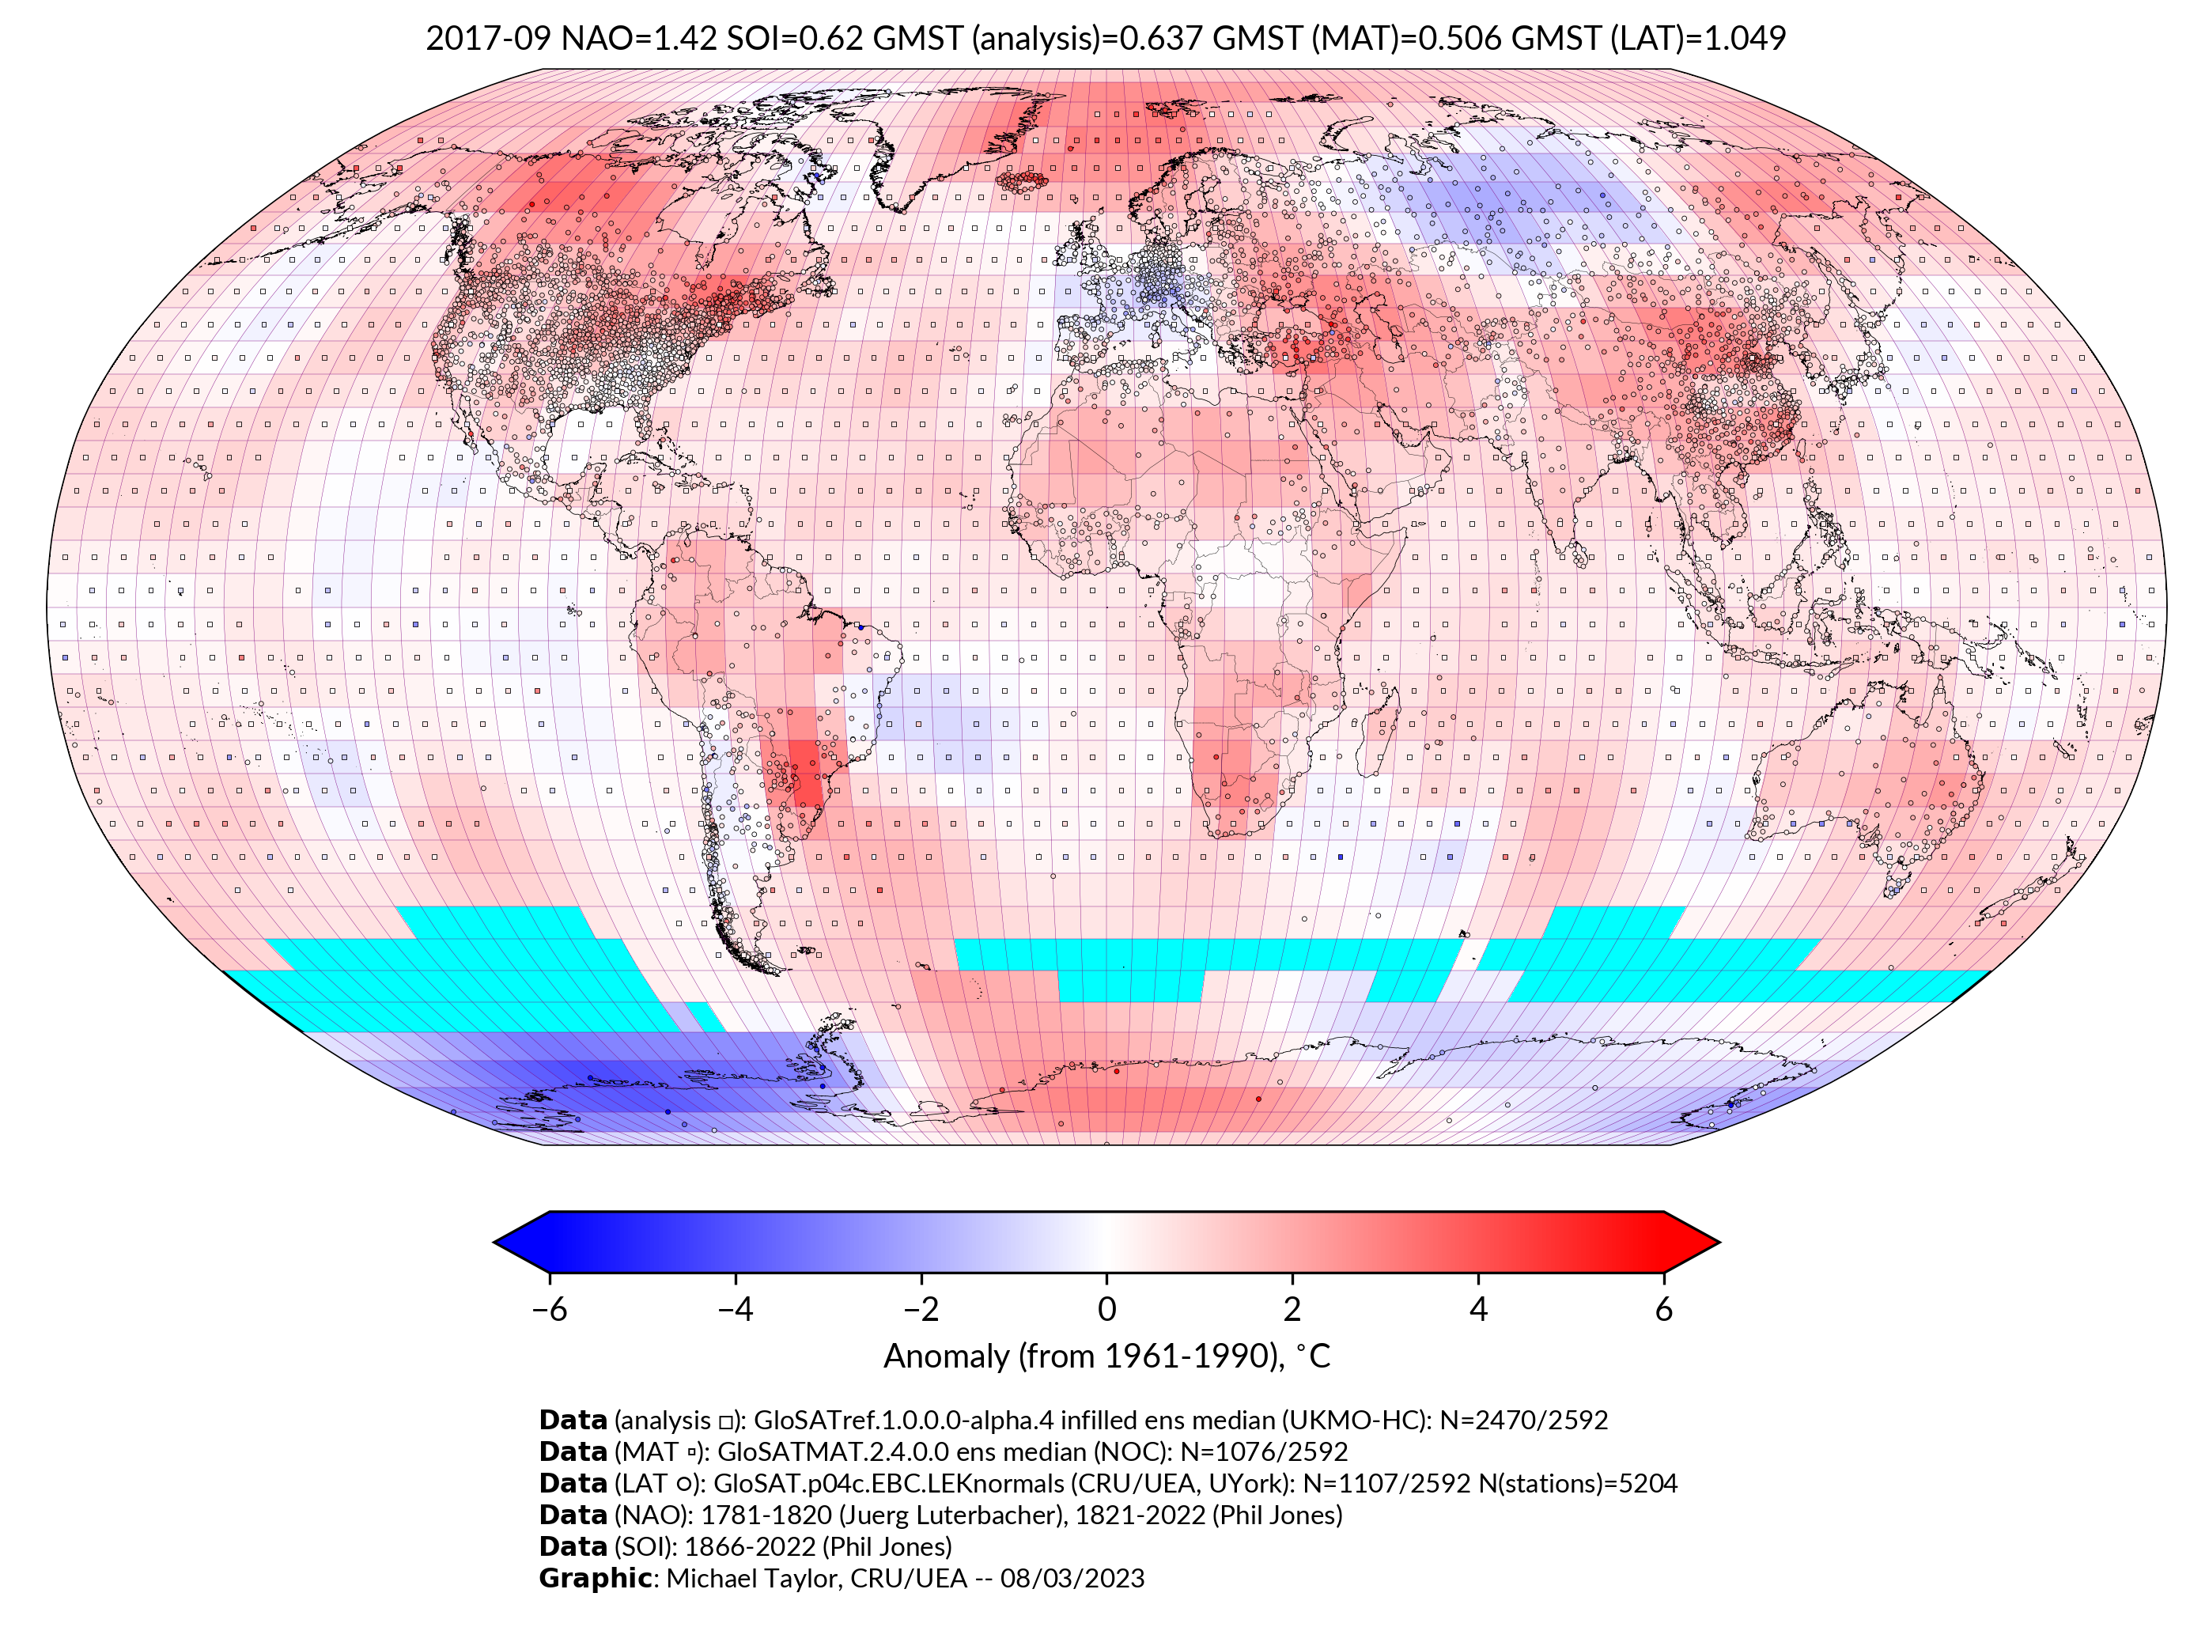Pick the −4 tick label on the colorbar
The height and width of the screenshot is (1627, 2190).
click(x=735, y=1309)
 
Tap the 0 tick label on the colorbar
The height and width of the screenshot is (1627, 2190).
click(x=1106, y=1309)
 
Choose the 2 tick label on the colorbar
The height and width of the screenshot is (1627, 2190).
click(x=1292, y=1309)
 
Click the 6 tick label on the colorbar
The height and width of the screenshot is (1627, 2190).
click(x=1663, y=1309)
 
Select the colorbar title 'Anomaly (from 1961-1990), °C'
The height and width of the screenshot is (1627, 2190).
click(x=1106, y=1356)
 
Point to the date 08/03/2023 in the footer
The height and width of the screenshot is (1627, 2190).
click(x=1072, y=1578)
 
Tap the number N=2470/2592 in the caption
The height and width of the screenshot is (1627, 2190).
click(x=1523, y=1421)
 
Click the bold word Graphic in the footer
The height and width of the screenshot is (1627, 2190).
click(x=595, y=1578)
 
